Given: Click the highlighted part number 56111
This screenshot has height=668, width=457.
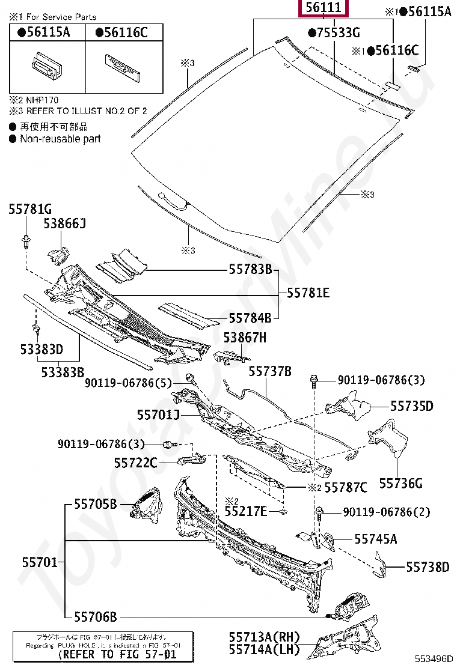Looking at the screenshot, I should pos(324,8).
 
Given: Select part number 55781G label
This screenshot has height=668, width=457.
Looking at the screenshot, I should pos(30,209).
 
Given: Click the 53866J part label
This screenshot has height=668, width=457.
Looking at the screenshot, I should pos(64,224).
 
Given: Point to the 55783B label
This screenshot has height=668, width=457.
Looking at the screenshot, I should pos(250,269).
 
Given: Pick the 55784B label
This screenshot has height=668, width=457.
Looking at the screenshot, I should pos(250,318).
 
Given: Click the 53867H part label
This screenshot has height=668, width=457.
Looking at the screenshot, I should pos(245,338).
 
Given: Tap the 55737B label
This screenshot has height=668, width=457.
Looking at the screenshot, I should pos(270,372).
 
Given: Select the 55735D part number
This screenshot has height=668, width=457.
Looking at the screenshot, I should pos(411,407).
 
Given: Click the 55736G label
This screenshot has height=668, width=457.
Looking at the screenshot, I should pos(401,483).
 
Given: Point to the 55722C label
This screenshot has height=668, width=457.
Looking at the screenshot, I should pos(136,463).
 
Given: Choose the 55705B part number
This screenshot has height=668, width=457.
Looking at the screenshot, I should pos(95,503).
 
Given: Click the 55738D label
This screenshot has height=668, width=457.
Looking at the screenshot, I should pos(428,566).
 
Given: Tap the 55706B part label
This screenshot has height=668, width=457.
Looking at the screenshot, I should pos(95,616).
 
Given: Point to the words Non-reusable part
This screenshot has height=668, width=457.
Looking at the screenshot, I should pos(60,139).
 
